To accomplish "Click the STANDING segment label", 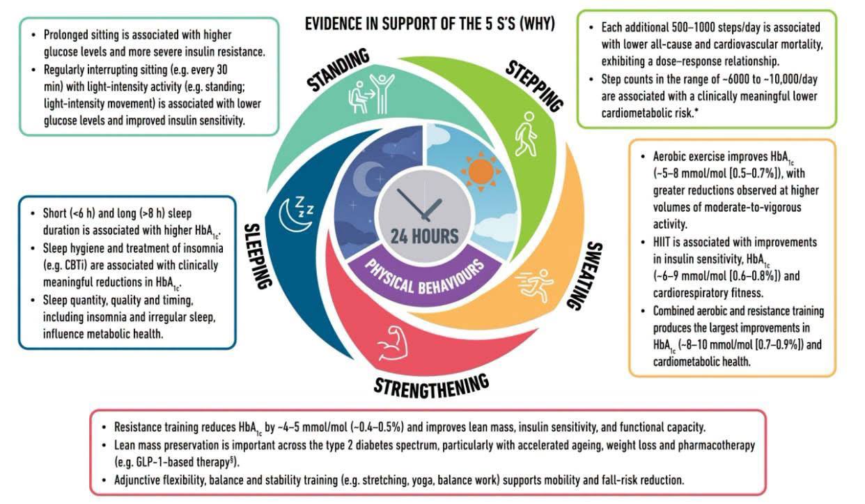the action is click(338, 70).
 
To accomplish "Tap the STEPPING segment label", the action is click(535, 86).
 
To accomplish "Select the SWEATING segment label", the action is click(584, 275).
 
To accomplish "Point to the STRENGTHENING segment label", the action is click(432, 386).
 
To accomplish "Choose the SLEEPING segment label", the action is click(257, 256).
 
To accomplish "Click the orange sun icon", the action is click(481, 171).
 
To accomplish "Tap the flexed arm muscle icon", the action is click(391, 343).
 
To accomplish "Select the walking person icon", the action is click(526, 134).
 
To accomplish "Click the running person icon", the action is click(535, 285).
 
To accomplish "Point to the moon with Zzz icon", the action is click(296, 214).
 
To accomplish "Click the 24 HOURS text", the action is click(424, 236).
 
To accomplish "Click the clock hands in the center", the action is click(421, 205).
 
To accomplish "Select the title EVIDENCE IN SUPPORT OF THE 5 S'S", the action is click(430, 24).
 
